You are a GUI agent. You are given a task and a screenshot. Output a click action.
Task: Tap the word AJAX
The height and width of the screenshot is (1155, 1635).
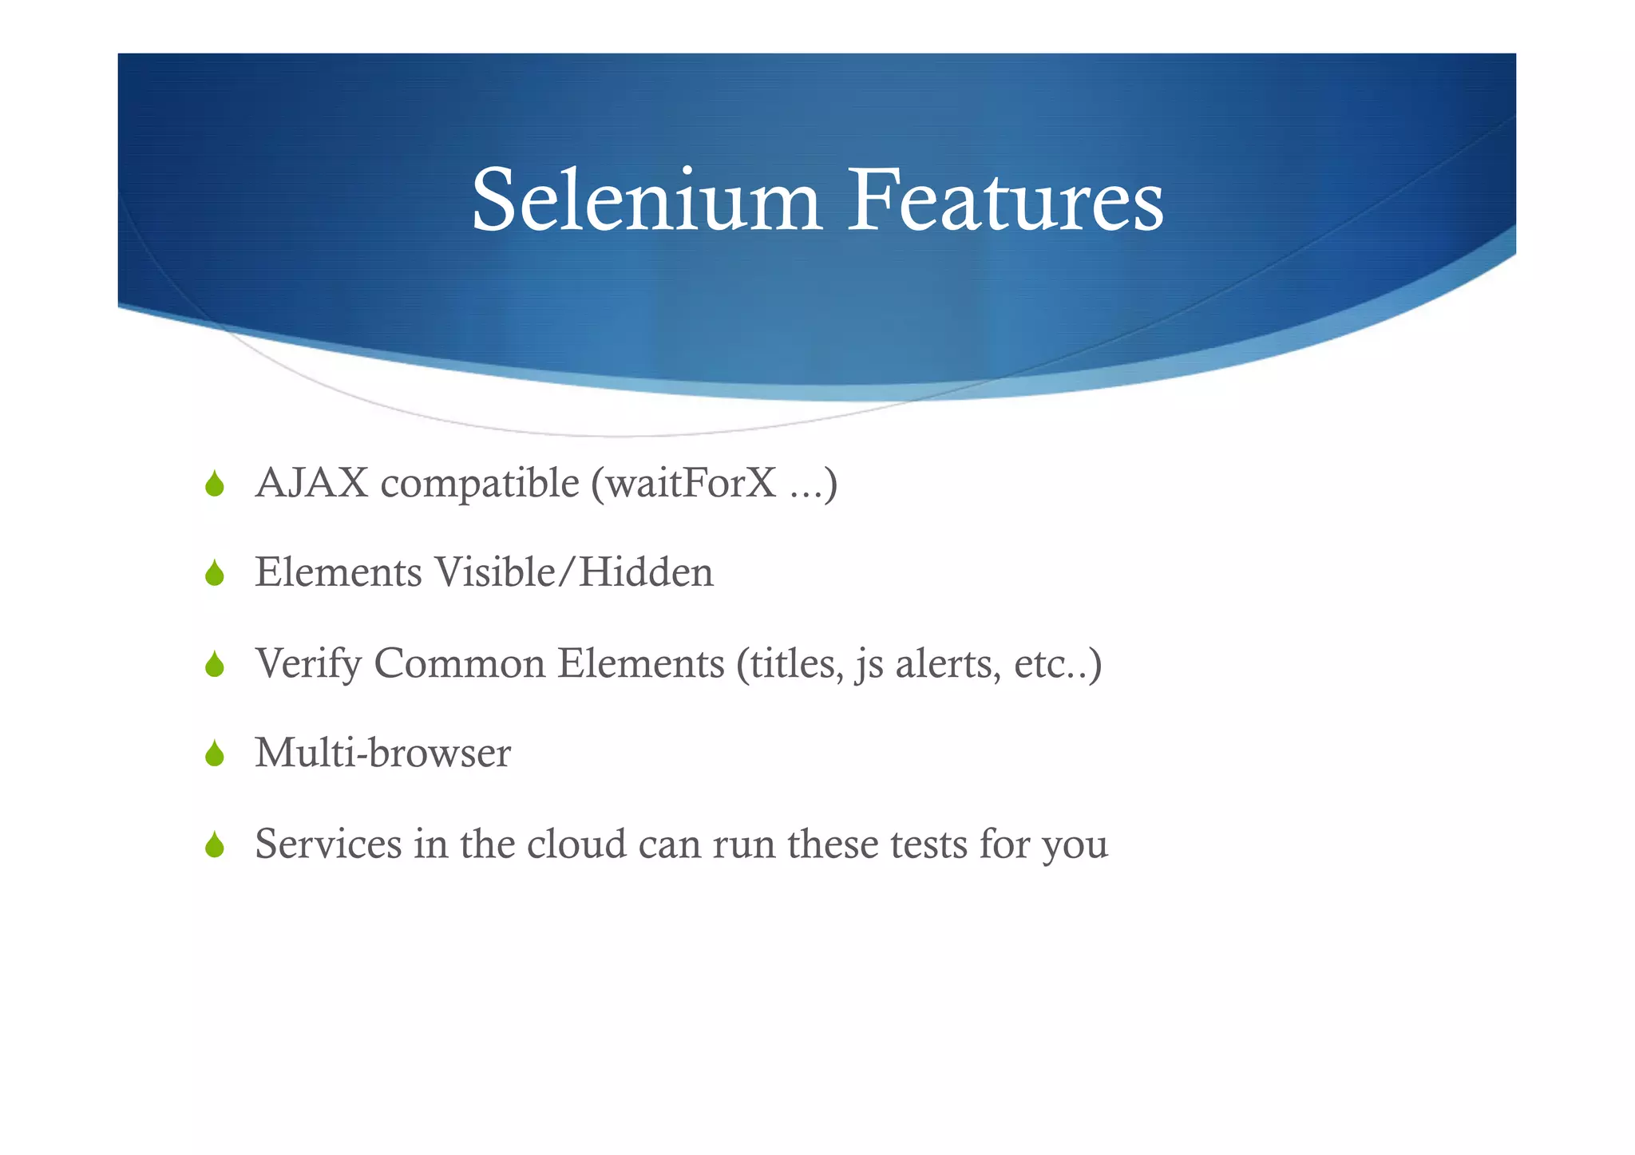click(311, 484)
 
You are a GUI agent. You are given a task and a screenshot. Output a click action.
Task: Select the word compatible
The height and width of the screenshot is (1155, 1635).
click(480, 484)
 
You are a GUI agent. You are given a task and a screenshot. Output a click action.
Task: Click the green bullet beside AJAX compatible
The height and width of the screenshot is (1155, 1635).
click(214, 484)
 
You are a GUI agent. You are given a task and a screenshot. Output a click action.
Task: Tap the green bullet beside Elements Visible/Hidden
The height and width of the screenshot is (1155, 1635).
click(214, 573)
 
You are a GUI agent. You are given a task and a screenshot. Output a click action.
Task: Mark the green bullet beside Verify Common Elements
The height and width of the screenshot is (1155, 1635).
click(214, 664)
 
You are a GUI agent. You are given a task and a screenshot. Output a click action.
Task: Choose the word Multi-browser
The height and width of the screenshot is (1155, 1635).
click(383, 754)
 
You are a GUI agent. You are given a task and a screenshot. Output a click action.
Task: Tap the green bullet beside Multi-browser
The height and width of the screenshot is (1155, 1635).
click(214, 754)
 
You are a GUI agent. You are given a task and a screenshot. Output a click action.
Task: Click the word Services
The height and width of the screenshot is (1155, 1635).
click(328, 844)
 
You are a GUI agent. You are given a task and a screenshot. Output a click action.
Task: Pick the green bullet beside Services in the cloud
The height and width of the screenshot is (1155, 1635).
click(214, 844)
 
